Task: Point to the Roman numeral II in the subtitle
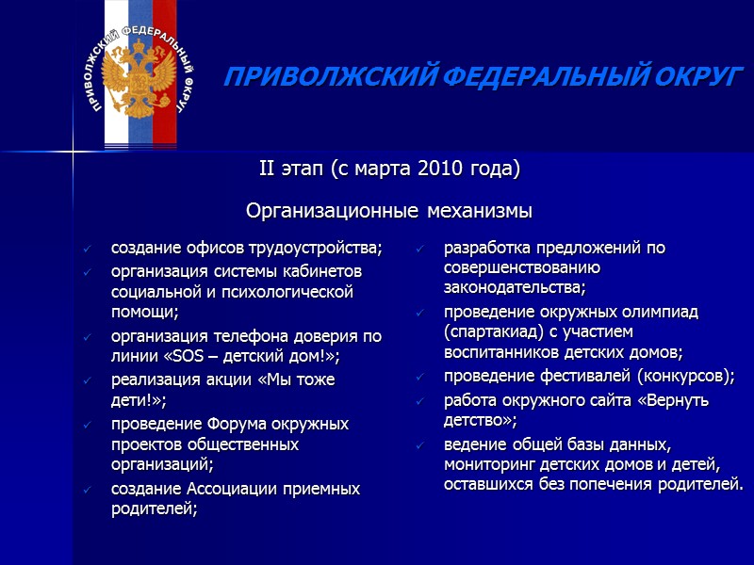tap(267, 169)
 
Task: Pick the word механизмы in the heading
tap(474, 209)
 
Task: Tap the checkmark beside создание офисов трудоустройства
tap(87, 250)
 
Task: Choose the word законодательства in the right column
tap(515, 287)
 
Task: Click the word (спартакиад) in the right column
tap(490, 331)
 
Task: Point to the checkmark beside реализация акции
tap(87, 380)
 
